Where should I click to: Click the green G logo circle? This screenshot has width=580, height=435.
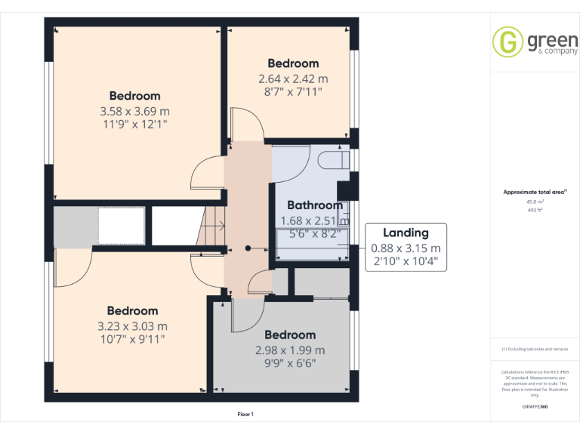click(507, 42)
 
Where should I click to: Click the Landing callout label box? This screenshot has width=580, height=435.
click(406, 248)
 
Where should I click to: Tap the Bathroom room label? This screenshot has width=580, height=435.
click(314, 205)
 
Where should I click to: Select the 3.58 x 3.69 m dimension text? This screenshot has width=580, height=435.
click(134, 111)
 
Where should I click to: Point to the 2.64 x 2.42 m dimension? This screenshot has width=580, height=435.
click(293, 79)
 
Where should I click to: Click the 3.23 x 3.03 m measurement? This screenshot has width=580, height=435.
click(132, 325)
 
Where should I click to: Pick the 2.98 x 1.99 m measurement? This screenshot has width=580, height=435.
click(290, 350)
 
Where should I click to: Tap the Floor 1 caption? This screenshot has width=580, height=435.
click(245, 414)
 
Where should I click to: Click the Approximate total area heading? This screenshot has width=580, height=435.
click(534, 192)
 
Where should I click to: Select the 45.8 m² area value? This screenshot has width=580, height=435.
click(534, 202)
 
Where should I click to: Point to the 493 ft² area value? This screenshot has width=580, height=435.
click(534, 210)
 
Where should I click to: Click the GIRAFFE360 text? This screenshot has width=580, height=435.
click(534, 406)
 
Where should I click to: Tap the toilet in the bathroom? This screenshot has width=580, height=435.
click(331, 161)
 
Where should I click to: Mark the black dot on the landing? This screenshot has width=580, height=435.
click(248, 248)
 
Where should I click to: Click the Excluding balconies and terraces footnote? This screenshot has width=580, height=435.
click(534, 349)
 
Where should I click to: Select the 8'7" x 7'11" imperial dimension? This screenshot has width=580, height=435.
click(293, 91)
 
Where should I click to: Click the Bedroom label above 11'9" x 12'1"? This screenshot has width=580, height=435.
click(134, 96)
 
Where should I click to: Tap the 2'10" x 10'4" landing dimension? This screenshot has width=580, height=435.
click(406, 262)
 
